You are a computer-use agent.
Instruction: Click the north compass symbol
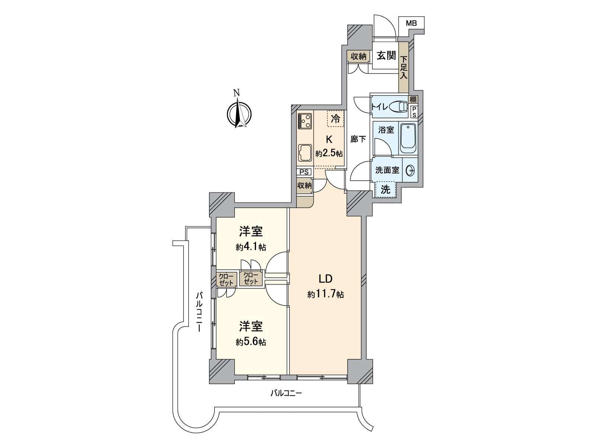(x=239, y=113)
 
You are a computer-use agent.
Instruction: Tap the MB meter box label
(x=411, y=23)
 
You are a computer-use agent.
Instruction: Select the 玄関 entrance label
(x=386, y=56)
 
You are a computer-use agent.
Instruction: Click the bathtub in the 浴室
(x=408, y=139)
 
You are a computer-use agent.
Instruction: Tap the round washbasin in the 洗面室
(x=411, y=171)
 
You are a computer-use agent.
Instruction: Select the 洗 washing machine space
(x=386, y=190)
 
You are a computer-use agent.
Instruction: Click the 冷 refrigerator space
(x=336, y=119)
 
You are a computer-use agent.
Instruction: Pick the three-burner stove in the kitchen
(x=305, y=121)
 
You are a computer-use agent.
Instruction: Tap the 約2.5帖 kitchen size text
(x=329, y=153)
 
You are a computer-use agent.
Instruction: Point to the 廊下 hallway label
(x=358, y=139)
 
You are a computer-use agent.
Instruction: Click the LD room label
(x=325, y=279)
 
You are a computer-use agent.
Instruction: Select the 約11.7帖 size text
(x=325, y=295)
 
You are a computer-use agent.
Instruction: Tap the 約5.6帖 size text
(x=251, y=342)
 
